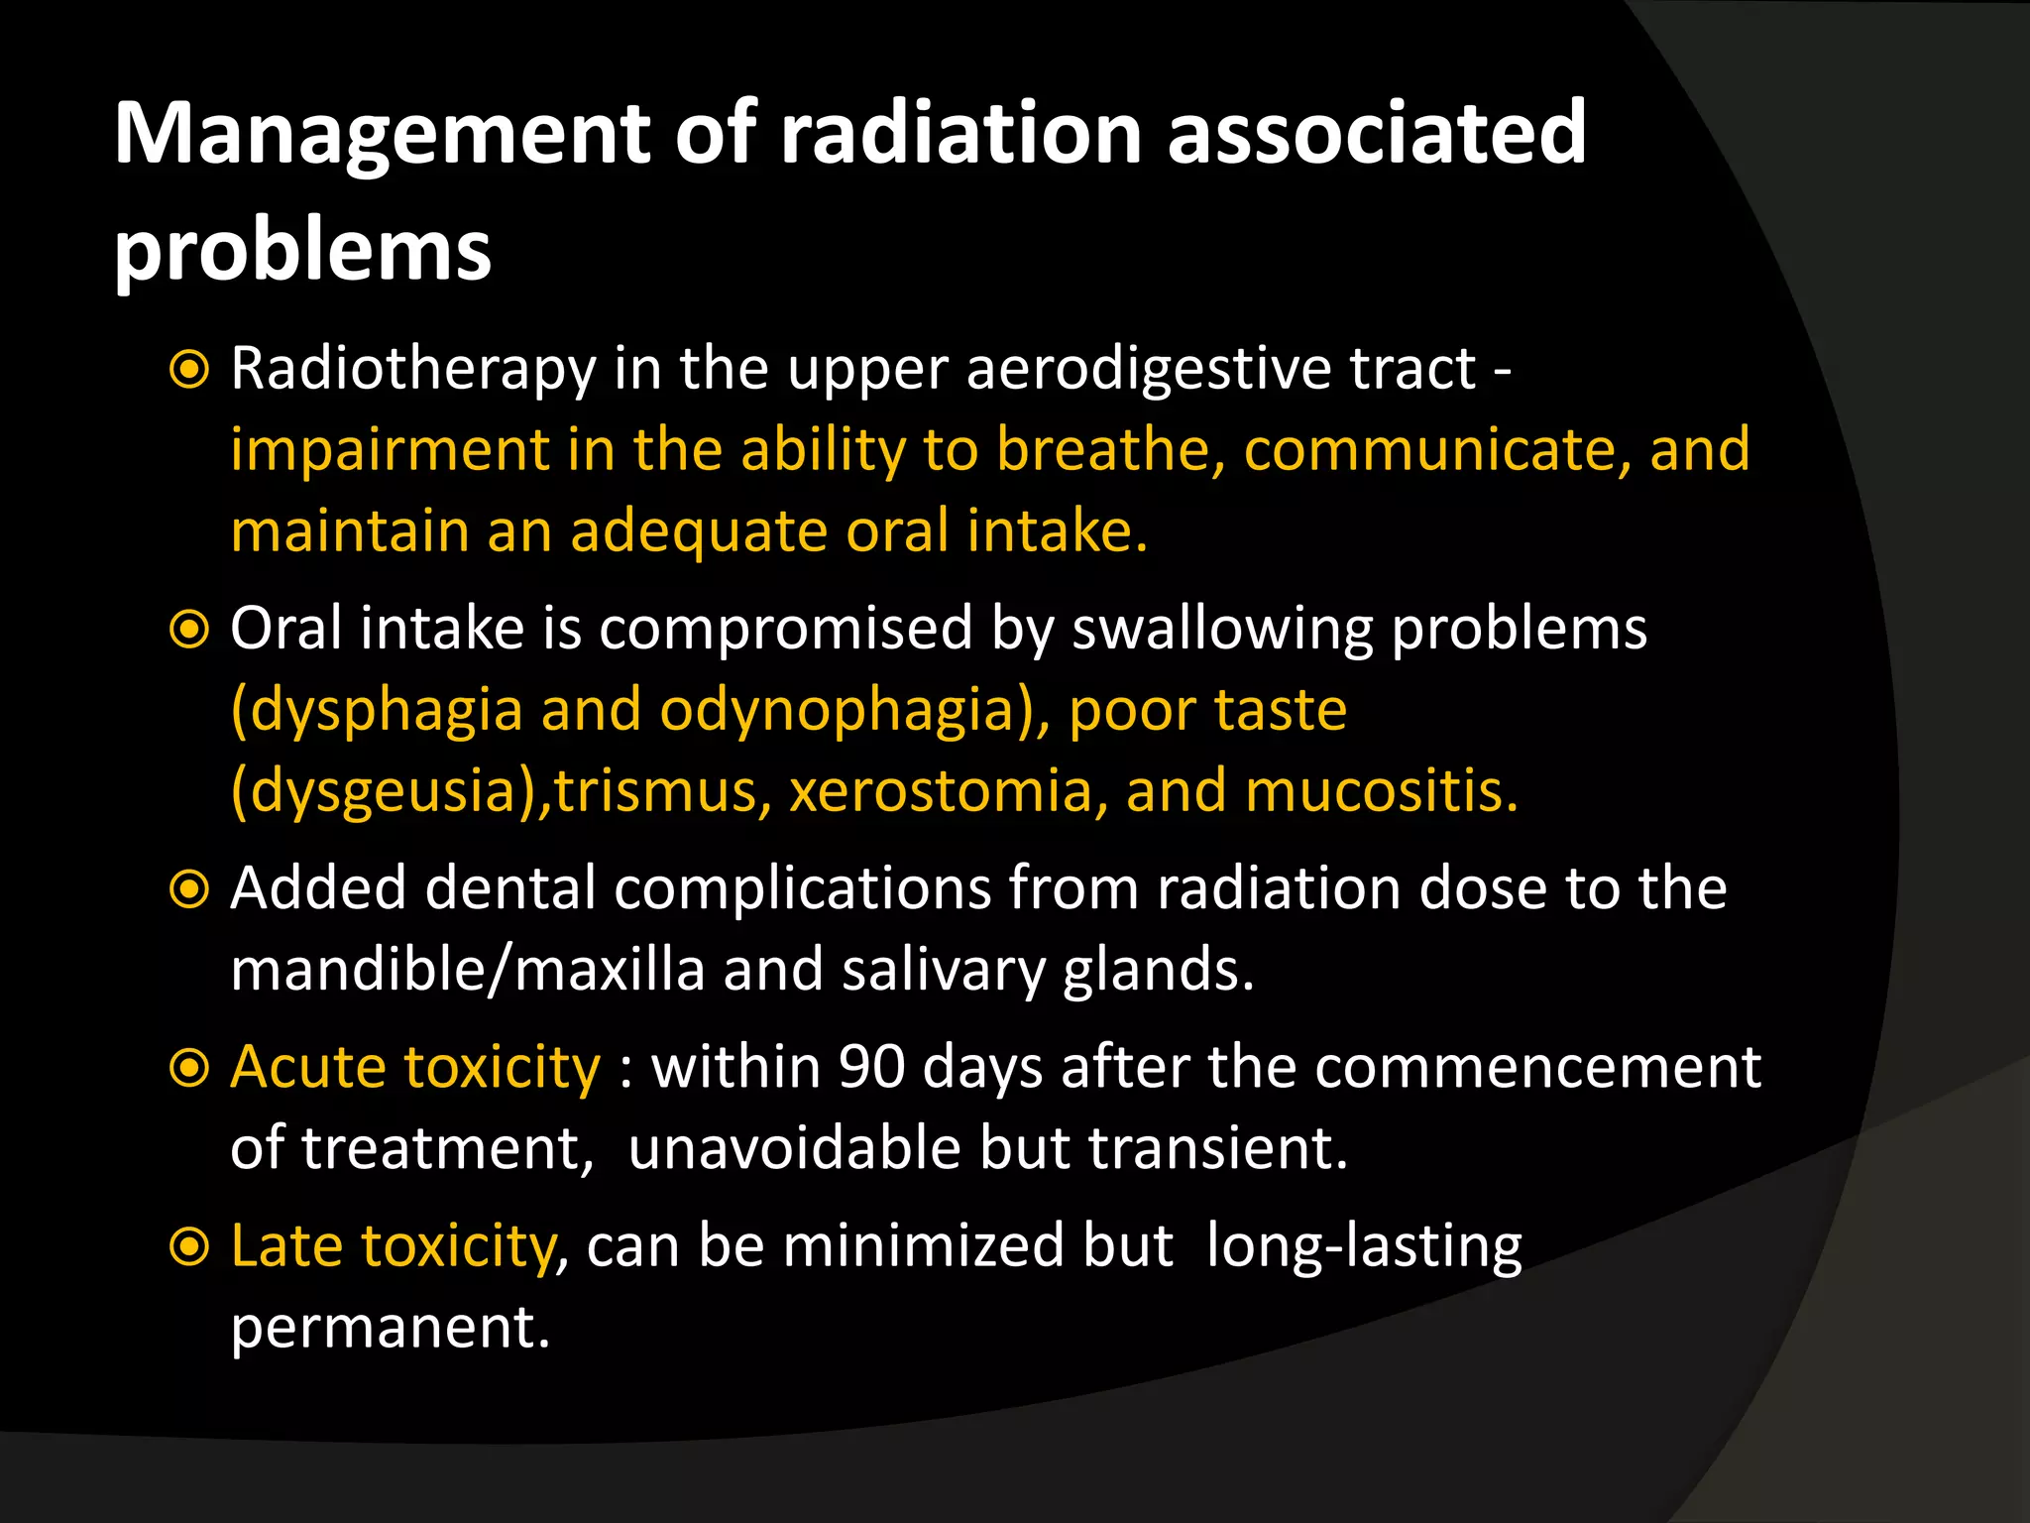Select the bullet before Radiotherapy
188,370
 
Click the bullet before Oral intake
188,630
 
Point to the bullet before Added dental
188,889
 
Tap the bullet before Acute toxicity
188,1068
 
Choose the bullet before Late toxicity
188,1246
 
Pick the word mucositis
1381,791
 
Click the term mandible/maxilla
467,969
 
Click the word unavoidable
794,1148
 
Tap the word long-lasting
1363,1246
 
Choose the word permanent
390,1328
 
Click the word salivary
943,971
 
